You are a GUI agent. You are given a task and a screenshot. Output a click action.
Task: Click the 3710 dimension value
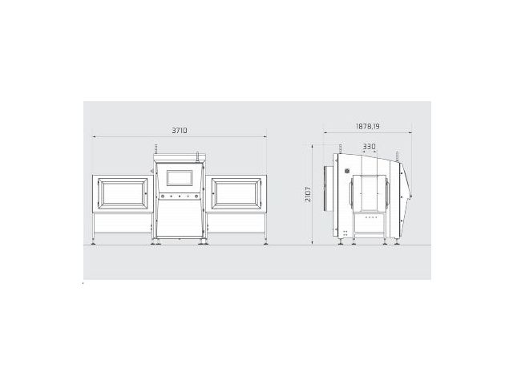click(180, 130)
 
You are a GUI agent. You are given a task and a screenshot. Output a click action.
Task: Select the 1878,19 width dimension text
click(367, 126)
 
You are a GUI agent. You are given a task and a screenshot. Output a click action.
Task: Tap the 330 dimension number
click(369, 147)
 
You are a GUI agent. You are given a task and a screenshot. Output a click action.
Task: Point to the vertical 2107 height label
click(308, 194)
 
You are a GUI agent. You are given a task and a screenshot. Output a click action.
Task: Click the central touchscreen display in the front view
click(180, 178)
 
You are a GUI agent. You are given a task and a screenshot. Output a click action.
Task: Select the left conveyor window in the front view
click(123, 193)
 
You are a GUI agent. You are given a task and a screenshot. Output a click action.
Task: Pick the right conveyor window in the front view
click(236, 193)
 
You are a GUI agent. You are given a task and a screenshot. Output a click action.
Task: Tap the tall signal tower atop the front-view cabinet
click(156, 149)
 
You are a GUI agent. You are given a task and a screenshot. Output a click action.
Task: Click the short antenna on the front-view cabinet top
click(197, 156)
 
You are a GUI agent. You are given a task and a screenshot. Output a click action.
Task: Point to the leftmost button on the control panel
click(162, 196)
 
